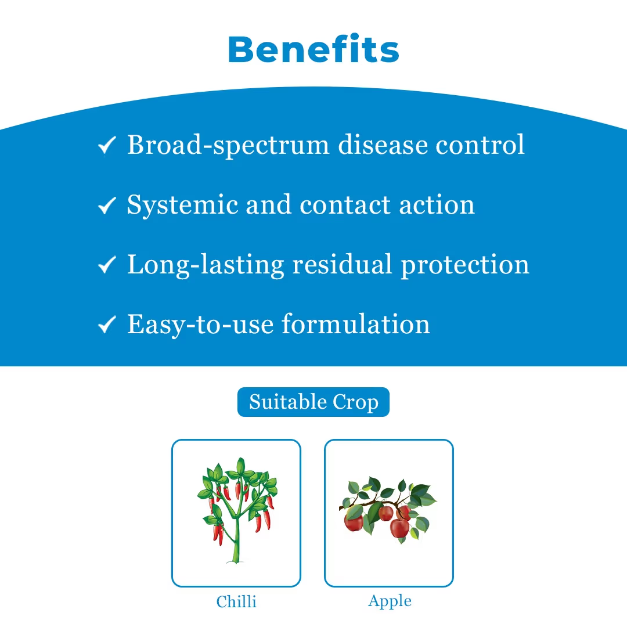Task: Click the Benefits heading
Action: (x=313, y=49)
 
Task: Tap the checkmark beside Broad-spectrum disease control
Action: (x=107, y=145)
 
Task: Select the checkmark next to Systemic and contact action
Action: (x=107, y=205)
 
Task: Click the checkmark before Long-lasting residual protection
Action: (x=107, y=265)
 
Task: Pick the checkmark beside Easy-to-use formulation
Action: (x=107, y=325)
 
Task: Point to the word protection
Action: (x=464, y=265)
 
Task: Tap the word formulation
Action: (x=356, y=324)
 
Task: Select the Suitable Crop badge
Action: (x=313, y=402)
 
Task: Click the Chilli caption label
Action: (x=236, y=601)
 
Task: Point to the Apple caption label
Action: (x=390, y=601)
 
